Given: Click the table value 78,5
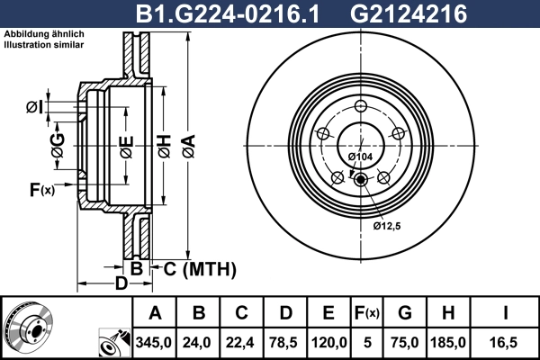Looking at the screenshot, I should pos(286,343).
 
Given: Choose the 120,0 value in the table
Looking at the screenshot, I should pos(328,343).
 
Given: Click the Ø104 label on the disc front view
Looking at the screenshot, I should pos(360,157).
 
